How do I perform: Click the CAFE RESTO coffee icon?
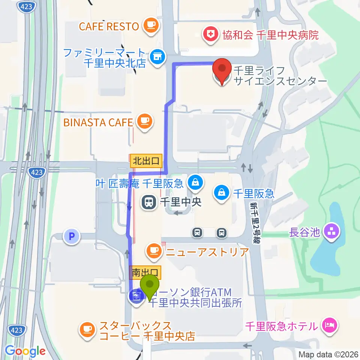pyautogui.click(x=151, y=26)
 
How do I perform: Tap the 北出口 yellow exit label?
pyautogui.click(x=146, y=162)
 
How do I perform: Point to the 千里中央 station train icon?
pyautogui.click(x=149, y=202)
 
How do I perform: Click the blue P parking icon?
pyautogui.click(x=71, y=237)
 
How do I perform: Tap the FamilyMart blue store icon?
pyautogui.click(x=156, y=57)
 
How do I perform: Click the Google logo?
pyautogui.click(x=25, y=351)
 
